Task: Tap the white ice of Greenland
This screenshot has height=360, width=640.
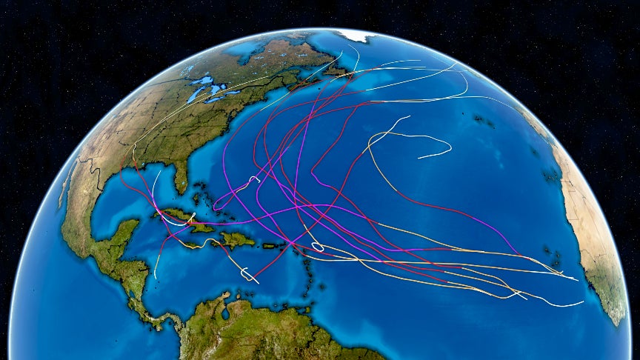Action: click(x=356, y=35)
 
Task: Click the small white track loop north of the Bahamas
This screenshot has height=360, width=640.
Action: click(x=255, y=179)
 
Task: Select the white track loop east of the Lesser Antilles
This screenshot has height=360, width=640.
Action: click(x=317, y=246)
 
